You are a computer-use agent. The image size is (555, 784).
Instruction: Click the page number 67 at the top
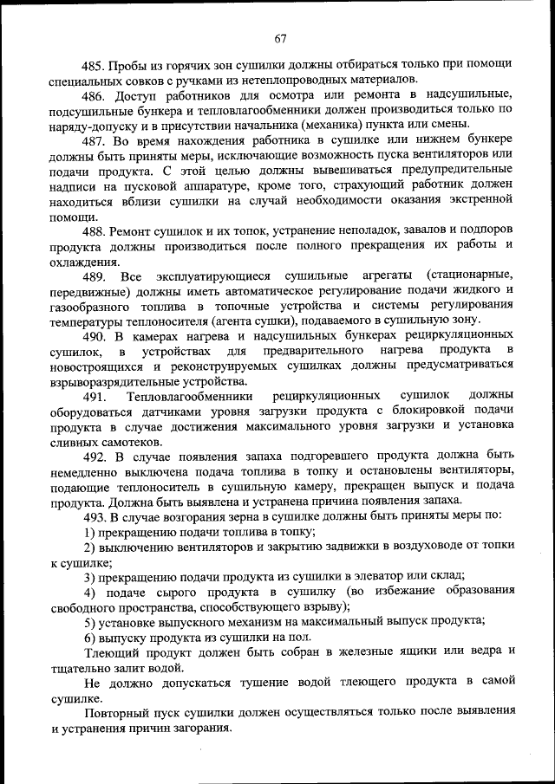point(279,38)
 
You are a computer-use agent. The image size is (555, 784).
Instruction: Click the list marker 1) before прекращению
point(89,532)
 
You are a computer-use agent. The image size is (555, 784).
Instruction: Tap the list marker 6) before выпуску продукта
point(89,636)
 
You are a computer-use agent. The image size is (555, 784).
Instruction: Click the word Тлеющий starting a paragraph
point(109,651)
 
